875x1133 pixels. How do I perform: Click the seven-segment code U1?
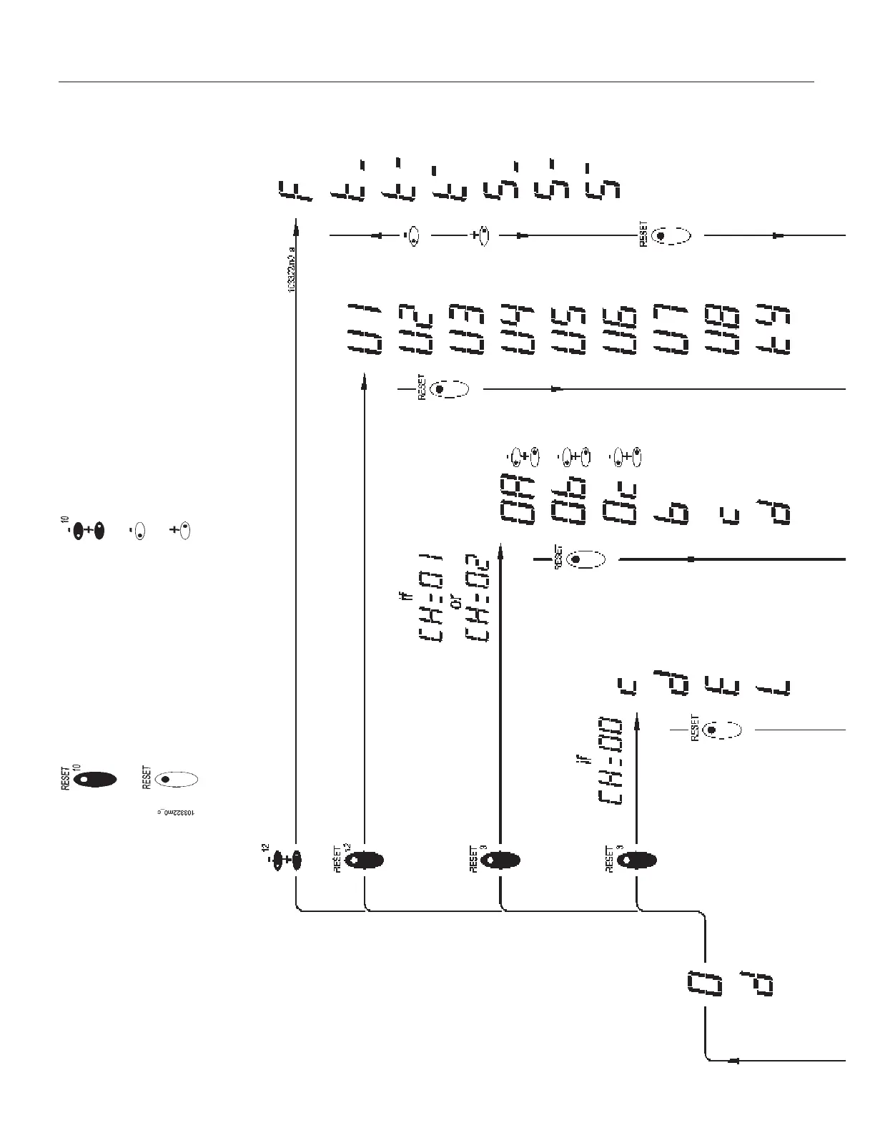tap(364, 328)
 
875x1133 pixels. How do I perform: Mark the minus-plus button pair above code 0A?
tap(524, 455)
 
